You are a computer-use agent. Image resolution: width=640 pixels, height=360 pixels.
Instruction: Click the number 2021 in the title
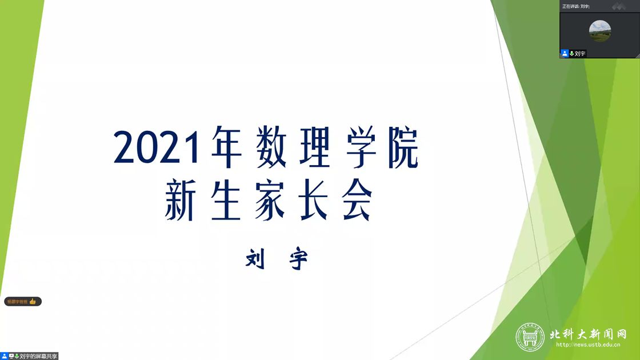(x=157, y=147)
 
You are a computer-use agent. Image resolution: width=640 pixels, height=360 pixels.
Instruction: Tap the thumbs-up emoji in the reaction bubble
(x=33, y=302)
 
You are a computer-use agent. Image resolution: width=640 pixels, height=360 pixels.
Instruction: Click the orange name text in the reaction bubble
(x=18, y=302)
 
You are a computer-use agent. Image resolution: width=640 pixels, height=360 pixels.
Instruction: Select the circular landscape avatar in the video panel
(x=600, y=31)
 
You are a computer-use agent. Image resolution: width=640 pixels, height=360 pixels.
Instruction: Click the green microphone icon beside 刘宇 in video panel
(x=571, y=54)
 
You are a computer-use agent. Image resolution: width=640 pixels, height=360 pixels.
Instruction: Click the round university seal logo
(x=530, y=337)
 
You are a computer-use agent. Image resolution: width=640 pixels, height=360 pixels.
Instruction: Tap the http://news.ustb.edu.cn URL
(x=588, y=345)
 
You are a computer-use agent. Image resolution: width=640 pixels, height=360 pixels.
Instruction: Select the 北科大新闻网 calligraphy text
(x=588, y=334)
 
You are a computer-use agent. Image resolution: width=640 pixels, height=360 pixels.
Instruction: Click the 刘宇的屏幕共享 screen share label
(x=38, y=356)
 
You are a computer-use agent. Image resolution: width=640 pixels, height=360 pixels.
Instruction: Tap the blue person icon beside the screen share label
(x=4, y=356)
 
